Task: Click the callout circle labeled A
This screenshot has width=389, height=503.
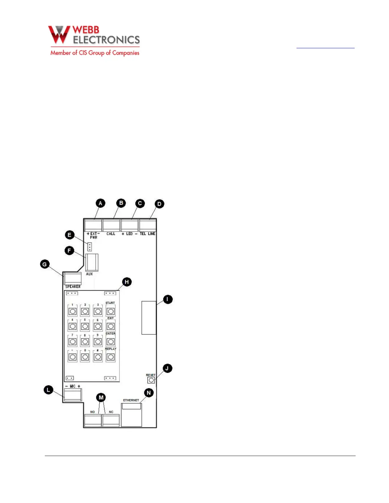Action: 100,203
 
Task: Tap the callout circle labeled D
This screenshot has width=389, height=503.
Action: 160,204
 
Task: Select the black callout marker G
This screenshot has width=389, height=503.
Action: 45,264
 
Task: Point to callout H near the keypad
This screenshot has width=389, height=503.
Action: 127,282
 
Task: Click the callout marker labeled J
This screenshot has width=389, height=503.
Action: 167,368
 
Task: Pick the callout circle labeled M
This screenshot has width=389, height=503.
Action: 101,397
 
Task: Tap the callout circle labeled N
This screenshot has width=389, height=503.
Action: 149,393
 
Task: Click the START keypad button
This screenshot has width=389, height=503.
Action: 111,311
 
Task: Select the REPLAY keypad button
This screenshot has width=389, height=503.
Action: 111,357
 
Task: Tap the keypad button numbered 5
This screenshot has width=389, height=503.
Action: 85,326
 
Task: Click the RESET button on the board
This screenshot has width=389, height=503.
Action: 151,380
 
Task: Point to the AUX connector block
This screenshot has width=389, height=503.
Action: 92,262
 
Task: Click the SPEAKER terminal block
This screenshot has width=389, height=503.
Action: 73,278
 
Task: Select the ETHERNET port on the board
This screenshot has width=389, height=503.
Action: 132,415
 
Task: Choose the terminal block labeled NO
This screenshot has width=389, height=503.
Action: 93,420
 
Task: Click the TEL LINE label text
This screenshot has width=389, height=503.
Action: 147,234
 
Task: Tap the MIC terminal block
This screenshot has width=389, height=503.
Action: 73,395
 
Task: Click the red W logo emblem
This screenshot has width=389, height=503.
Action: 59,35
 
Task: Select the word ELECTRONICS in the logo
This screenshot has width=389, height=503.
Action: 106,40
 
